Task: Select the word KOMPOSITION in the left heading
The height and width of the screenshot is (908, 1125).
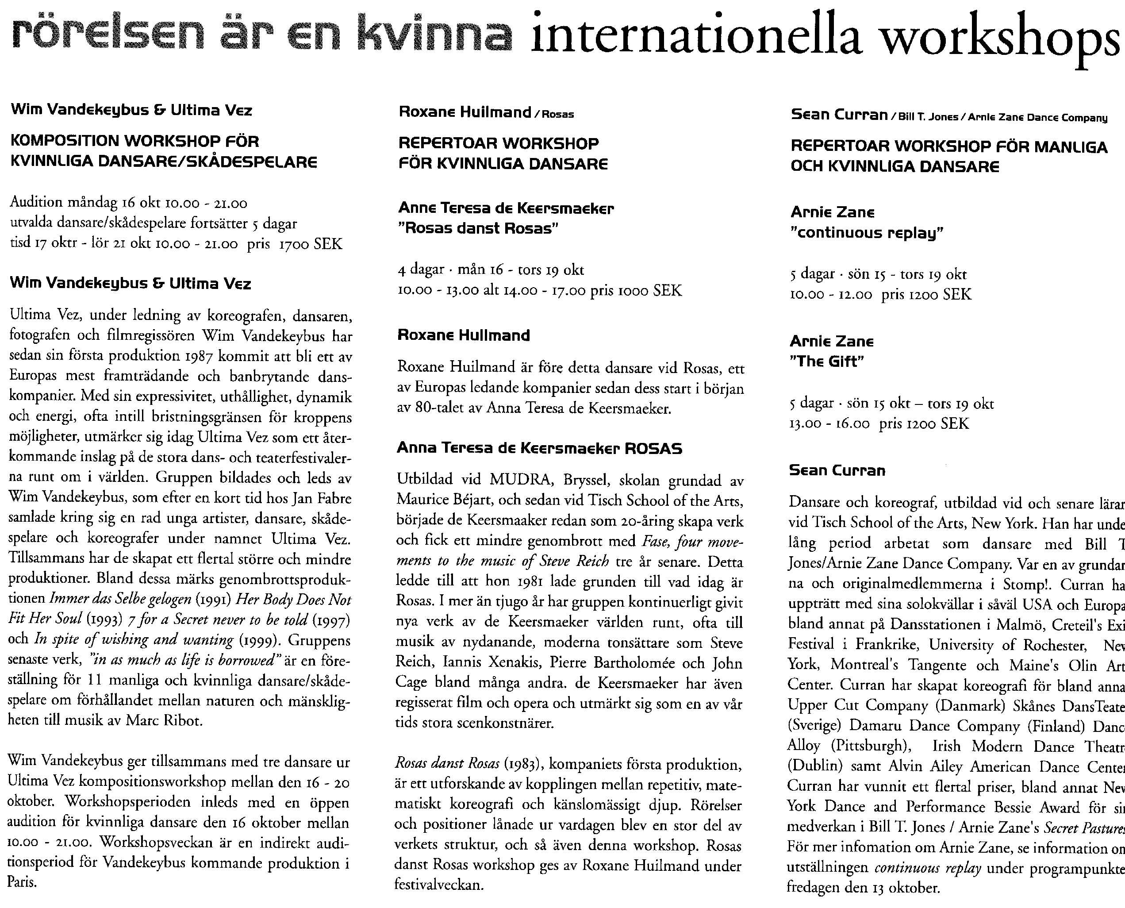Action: point(65,141)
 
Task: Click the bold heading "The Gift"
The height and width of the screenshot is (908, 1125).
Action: point(826,362)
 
